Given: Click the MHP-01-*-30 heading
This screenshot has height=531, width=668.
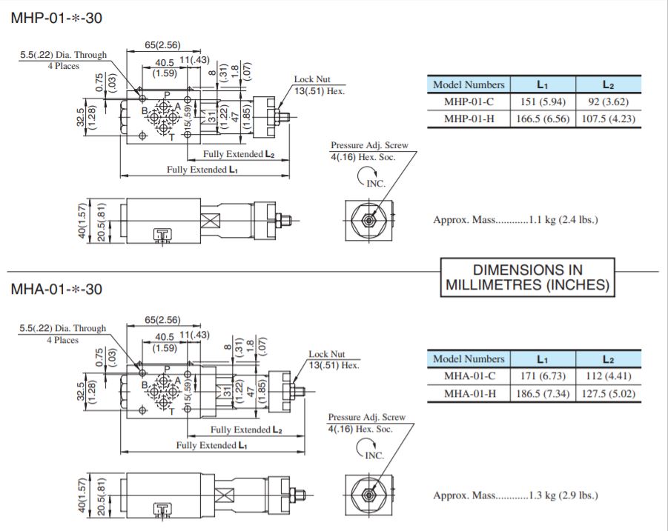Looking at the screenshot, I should (56, 19).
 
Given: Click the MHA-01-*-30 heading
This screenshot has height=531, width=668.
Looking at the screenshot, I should (56, 289).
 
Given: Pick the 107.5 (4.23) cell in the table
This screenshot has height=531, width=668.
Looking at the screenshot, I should (607, 119).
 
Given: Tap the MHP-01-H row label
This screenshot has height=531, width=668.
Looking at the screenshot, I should (468, 119).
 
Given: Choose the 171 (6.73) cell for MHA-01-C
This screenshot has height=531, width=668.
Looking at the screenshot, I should (542, 376).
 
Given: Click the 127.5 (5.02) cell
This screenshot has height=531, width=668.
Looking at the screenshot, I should (607, 393).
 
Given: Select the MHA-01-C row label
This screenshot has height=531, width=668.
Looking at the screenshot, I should (469, 376).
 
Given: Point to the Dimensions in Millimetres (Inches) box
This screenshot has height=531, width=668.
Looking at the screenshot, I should (528, 277).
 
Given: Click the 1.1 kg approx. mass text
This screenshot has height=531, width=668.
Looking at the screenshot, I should (515, 220).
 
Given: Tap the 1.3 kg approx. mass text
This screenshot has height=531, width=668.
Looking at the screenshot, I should (515, 495).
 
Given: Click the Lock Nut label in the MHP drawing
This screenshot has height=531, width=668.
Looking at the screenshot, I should (312, 79).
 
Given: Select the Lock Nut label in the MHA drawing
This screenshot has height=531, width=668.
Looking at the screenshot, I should (327, 355).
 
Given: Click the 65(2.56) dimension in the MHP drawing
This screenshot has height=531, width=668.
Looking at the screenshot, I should (162, 45).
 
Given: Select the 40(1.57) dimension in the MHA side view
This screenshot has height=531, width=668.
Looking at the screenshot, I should (83, 497).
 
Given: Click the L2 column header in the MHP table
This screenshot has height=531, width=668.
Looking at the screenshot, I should (607, 84).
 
